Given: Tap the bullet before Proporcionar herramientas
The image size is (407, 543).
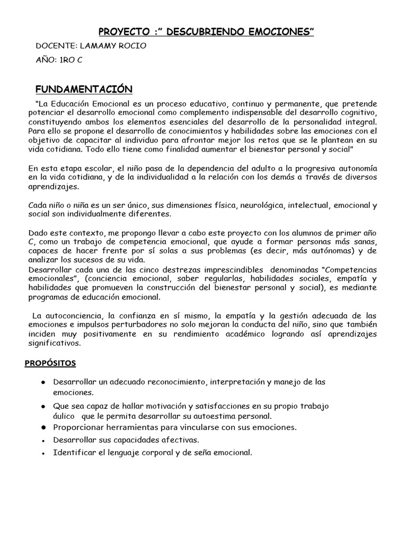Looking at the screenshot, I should [x=42, y=427].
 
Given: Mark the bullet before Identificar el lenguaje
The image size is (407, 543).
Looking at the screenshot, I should [x=42, y=453].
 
